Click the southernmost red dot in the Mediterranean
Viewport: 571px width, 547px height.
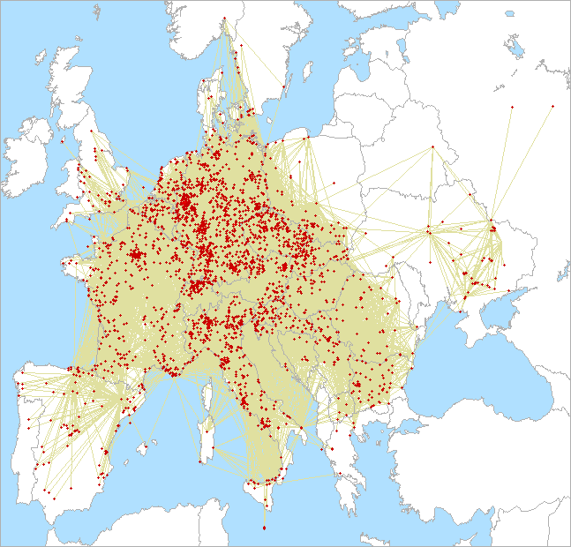pos(264,528)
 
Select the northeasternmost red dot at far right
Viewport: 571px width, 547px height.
pos(552,106)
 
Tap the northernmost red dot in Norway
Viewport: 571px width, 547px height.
pos(225,19)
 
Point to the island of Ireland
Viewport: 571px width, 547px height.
pos(26,159)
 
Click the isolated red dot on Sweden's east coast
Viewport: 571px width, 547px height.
pos(285,86)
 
